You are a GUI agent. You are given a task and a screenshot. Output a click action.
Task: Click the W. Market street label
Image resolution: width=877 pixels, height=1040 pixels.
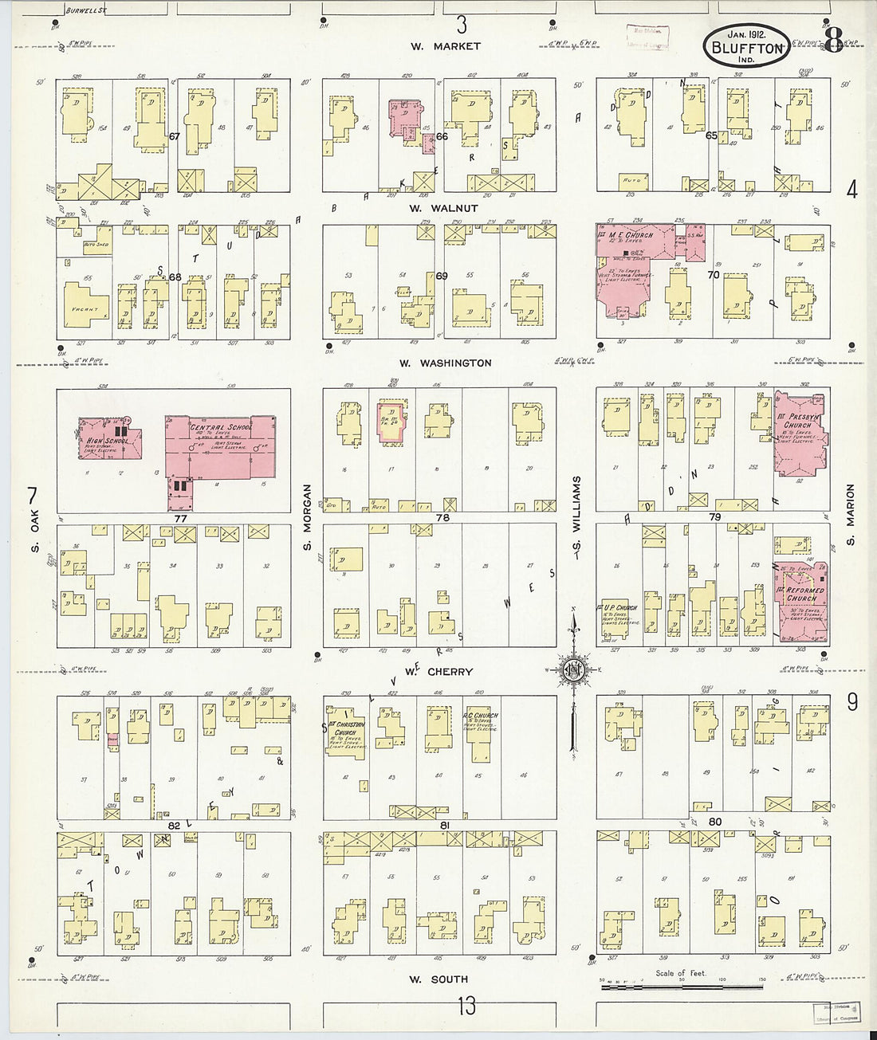click(446, 46)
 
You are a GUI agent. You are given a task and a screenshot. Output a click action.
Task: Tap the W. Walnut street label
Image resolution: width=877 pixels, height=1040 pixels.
click(443, 208)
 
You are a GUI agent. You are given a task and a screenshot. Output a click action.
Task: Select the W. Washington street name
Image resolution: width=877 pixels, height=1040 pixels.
click(445, 363)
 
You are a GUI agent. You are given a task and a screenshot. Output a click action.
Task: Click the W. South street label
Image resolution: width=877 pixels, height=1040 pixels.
click(438, 979)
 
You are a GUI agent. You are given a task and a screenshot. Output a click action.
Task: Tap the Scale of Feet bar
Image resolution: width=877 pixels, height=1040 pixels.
click(682, 987)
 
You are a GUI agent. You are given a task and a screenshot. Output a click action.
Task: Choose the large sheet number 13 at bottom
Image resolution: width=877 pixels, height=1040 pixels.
click(466, 1006)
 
